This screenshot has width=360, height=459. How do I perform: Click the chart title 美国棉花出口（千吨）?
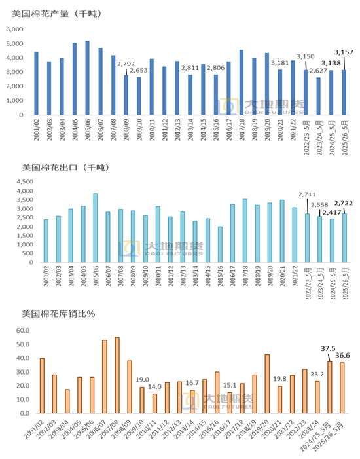(62, 168)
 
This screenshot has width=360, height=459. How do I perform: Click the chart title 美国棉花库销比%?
(58, 314)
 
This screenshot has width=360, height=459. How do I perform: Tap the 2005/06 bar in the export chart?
(96, 228)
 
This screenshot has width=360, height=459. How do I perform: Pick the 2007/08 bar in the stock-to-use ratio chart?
(117, 375)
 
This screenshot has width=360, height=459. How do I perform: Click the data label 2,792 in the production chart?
(126, 64)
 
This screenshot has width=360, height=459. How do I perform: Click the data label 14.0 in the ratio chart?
(154, 387)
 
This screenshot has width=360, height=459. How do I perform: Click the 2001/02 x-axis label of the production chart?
(37, 128)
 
